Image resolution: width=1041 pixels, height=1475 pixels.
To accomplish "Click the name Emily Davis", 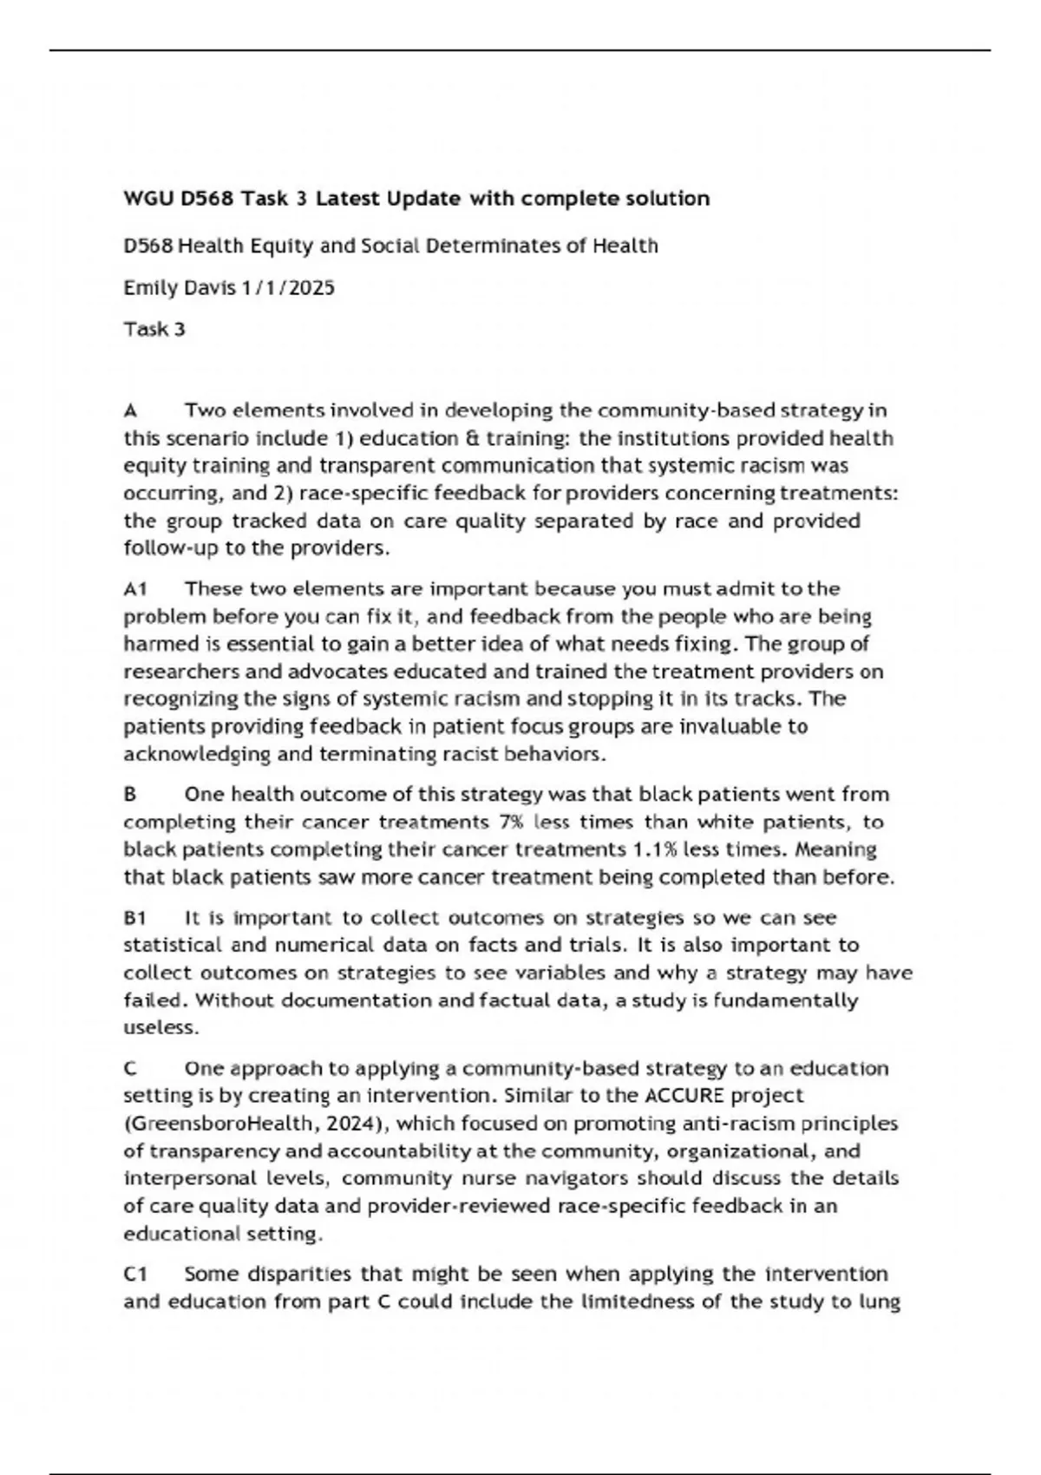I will [179, 288].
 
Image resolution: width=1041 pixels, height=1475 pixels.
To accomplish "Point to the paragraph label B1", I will [134, 918].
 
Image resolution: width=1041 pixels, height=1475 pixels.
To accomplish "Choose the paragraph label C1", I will [135, 1275].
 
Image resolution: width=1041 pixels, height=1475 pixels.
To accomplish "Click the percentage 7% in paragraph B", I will [511, 822].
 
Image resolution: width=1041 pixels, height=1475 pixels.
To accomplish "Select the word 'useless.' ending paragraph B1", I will [161, 1028].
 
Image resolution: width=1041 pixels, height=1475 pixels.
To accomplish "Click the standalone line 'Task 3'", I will [154, 330].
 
